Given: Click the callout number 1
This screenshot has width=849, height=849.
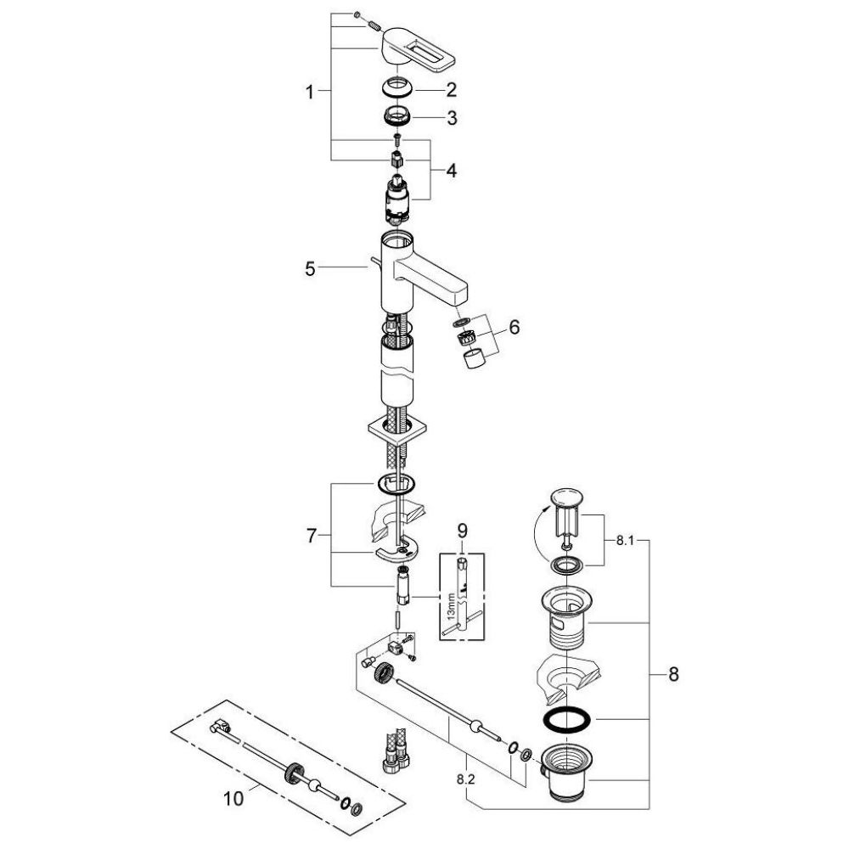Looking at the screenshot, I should tap(312, 92).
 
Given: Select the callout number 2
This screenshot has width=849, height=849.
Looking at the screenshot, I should tap(452, 89).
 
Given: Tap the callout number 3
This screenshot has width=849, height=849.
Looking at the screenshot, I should tap(452, 119).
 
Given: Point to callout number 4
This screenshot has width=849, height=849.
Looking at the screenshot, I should tap(452, 171).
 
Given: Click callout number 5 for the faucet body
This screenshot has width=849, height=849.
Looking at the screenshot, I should tap(312, 268).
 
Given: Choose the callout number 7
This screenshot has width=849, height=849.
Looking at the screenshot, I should tap(312, 536).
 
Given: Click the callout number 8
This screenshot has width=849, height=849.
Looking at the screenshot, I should tap(673, 675).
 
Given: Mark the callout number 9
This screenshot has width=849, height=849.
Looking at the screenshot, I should tap(462, 531).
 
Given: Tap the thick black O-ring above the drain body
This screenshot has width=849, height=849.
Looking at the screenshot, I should tap(566, 721).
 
